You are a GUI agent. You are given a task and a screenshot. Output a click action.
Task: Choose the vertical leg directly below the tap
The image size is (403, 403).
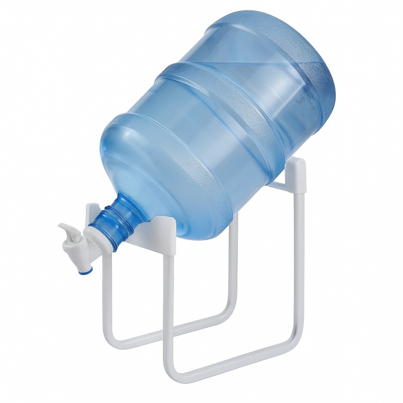105,299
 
